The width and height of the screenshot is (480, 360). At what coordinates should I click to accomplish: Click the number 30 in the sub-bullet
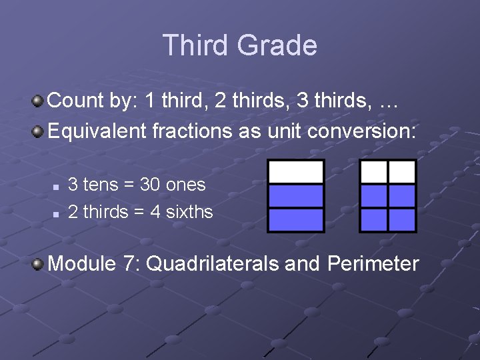click(x=150, y=185)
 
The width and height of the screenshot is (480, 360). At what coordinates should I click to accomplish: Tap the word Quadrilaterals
click(x=213, y=264)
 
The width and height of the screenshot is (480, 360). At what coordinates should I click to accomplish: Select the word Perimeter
click(x=373, y=264)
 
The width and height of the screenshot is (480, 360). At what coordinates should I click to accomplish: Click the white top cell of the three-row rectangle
click(x=296, y=172)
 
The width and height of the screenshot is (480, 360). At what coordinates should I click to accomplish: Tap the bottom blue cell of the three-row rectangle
click(x=296, y=219)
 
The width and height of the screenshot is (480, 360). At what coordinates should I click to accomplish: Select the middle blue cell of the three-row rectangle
click(x=296, y=196)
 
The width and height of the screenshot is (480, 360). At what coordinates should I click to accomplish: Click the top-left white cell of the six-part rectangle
click(x=374, y=172)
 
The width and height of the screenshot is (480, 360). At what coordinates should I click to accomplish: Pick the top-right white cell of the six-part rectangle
click(x=402, y=172)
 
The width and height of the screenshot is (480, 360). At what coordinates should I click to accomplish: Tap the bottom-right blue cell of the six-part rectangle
click(x=402, y=219)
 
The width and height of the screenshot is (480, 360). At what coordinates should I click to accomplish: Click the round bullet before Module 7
click(x=39, y=265)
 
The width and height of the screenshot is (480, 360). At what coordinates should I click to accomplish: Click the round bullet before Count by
click(x=39, y=101)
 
